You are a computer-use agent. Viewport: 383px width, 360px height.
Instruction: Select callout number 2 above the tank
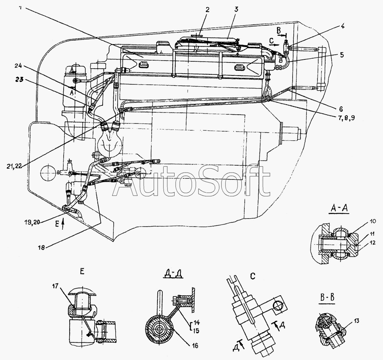coord(207,10)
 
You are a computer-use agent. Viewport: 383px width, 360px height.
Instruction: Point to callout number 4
coord(342,27)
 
